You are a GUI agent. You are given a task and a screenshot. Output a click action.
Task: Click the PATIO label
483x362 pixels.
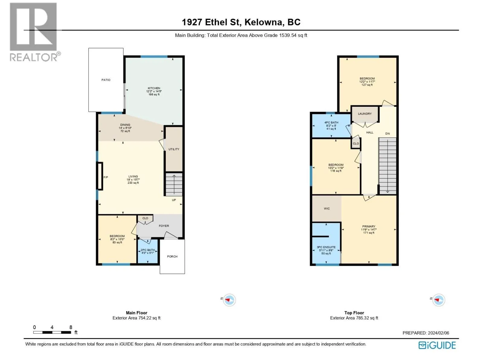pos(106,80)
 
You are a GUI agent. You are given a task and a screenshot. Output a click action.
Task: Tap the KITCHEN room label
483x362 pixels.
pos(154,88)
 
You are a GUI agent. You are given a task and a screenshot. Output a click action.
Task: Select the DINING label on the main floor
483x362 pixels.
pos(125,125)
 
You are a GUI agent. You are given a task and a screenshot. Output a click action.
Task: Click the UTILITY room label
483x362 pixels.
pos(174,149)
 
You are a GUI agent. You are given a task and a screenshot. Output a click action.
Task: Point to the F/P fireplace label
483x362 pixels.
pos(106,177)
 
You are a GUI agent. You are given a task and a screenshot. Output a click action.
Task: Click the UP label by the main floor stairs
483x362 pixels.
pos(174,200)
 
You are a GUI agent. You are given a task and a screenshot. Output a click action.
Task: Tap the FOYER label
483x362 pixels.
pos(164,226)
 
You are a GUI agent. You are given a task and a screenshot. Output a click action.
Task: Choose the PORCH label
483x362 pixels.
pos(172,256)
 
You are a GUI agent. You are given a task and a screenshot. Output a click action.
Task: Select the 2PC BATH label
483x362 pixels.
pos(147,250)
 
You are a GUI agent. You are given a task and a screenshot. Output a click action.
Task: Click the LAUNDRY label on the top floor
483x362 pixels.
pos(364,114)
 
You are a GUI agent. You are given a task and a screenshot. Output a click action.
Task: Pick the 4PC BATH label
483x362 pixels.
pos(331,122)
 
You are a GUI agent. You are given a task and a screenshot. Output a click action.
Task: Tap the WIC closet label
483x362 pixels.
pos(327,208)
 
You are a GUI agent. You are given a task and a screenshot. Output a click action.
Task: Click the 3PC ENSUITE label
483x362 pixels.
pos(326,247)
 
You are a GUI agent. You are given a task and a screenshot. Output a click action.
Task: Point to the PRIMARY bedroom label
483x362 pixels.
pos(369,226)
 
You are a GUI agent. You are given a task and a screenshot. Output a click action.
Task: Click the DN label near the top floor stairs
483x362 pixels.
pos(387,133)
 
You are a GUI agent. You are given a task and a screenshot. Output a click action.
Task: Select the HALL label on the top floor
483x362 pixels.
pos(369,132)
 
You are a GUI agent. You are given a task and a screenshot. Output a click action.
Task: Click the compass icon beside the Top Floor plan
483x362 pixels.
pos(438,300)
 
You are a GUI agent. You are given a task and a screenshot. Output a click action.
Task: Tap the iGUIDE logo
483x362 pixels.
pos(437,345)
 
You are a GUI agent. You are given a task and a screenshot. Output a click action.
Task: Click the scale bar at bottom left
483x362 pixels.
pos(52,332)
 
